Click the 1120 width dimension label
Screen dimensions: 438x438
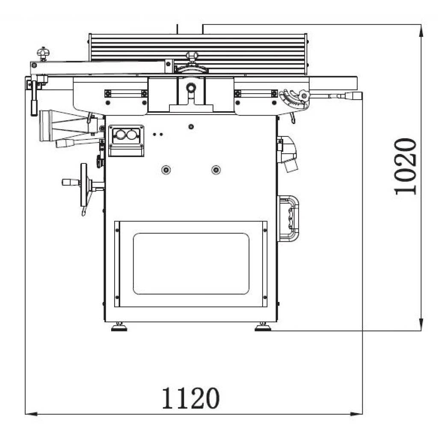tap(191, 398)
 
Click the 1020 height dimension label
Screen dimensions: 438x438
tap(405, 166)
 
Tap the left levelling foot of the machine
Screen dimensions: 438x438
tap(119, 327)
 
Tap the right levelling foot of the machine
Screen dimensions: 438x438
tap(263, 327)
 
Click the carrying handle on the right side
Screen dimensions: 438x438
tap(288, 219)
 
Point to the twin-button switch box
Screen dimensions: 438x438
tap(126, 140)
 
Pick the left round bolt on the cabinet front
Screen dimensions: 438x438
tap(166, 169)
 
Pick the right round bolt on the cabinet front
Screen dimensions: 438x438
tap(216, 169)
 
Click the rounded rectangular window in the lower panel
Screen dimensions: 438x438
tap(191, 263)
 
